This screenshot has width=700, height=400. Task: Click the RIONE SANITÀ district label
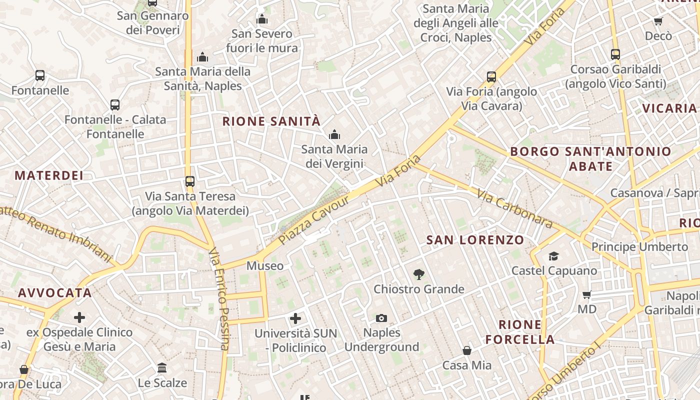(271, 121)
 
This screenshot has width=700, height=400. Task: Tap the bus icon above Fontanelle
(40, 76)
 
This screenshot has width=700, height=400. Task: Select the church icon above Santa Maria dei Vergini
(334, 134)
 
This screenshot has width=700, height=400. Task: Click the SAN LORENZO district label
(475, 240)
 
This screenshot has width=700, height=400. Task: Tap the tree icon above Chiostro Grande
(419, 274)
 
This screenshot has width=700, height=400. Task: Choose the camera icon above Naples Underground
(381, 318)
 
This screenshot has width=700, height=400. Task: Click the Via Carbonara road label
(514, 208)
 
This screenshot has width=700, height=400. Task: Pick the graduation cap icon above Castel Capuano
(553, 256)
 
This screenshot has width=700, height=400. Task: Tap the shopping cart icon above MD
(587, 294)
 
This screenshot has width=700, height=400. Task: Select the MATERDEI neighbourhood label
(49, 175)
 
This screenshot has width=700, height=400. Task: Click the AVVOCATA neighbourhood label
(55, 293)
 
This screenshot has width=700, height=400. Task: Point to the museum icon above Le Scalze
(162, 368)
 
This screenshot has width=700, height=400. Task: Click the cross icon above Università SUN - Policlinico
(295, 318)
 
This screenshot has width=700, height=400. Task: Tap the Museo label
(265, 266)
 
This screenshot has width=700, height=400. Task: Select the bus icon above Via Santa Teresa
(190, 181)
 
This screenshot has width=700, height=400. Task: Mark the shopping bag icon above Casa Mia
(467, 350)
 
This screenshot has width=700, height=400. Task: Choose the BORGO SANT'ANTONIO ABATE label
(590, 158)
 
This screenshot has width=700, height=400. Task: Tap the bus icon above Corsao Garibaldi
(615, 54)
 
